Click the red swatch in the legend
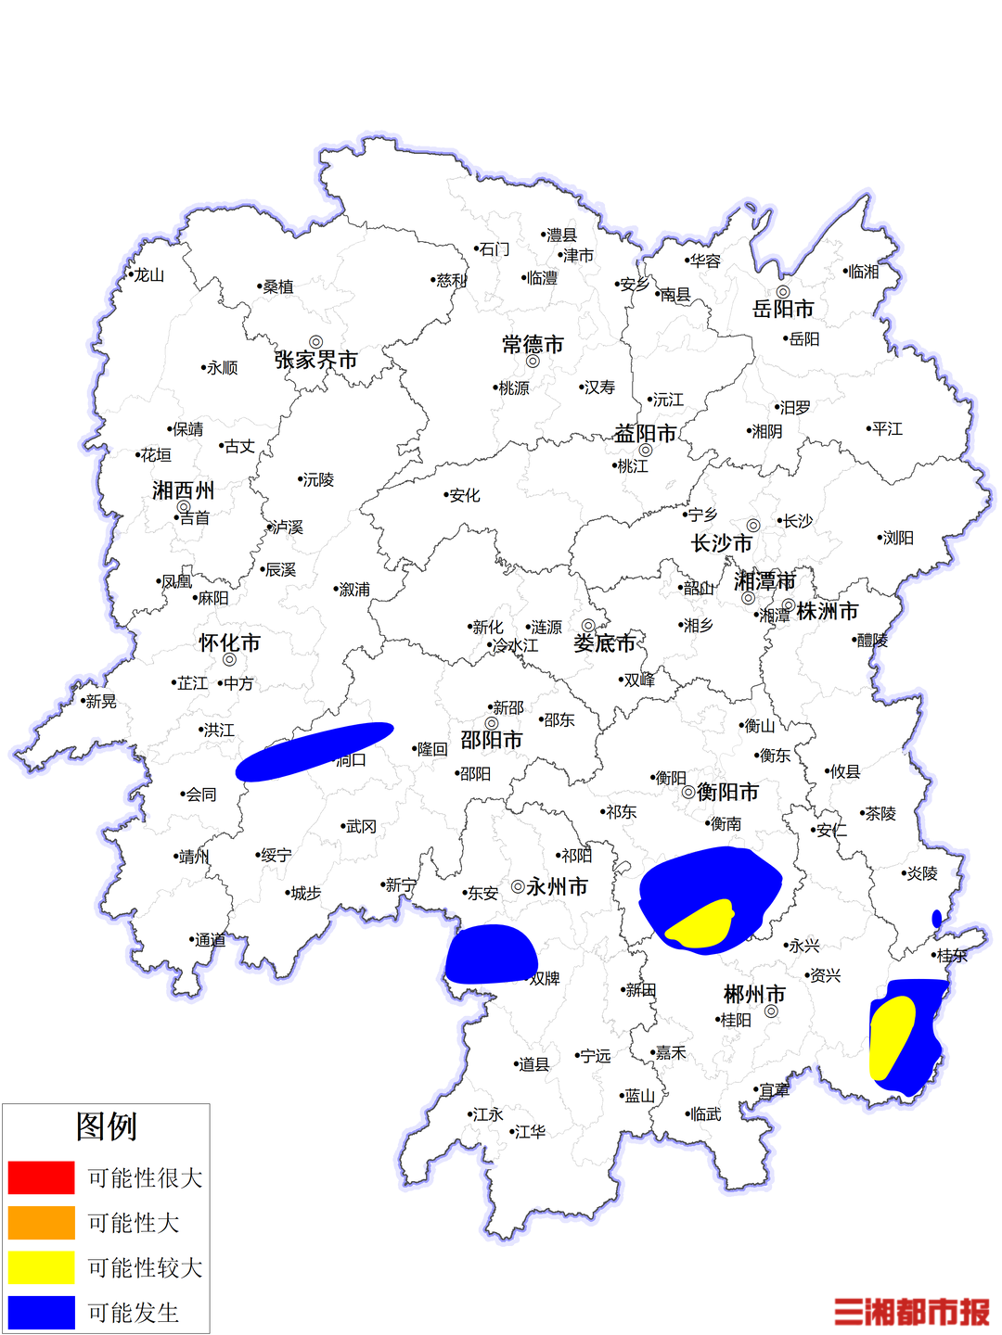tap(41, 1177)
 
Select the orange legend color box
tap(41, 1222)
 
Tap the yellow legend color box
tap(41, 1267)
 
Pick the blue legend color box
tap(41, 1312)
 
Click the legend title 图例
tap(107, 1126)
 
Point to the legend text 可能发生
tap(134, 1313)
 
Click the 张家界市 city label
tap(315, 360)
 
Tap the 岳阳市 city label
tap(783, 309)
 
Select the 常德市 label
tap(533, 345)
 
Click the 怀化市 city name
tap(229, 642)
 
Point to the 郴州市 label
tap(754, 994)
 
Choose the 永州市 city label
tap(557, 886)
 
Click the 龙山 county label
tap(148, 275)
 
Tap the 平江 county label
tap(887, 428)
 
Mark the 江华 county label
tap(530, 1132)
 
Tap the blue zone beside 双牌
tap(490, 955)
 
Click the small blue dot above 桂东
tap(937, 919)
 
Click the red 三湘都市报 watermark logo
tap(911, 1312)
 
